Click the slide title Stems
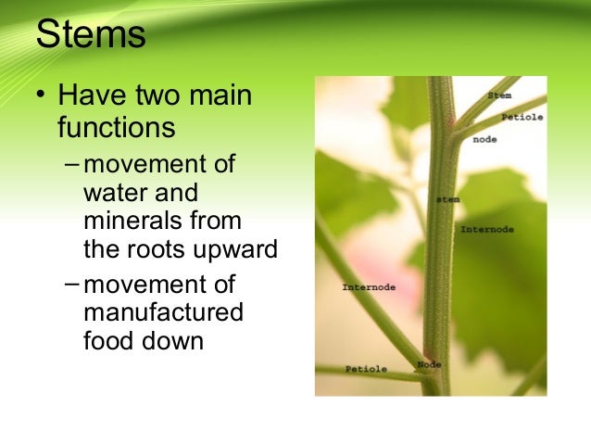tap(91, 33)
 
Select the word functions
tap(117, 127)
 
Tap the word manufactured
tap(164, 311)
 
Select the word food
tap(109, 340)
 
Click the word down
tap(172, 340)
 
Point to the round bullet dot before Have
tap(41, 94)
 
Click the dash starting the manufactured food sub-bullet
tap(71, 284)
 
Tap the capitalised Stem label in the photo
tap(499, 95)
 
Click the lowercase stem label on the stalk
tap(447, 199)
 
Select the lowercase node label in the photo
tap(484, 140)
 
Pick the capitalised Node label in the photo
tap(429, 364)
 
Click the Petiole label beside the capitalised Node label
tap(366, 369)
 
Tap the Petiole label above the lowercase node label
tap(522, 118)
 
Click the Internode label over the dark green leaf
tap(487, 229)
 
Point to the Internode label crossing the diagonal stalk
tap(369, 287)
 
